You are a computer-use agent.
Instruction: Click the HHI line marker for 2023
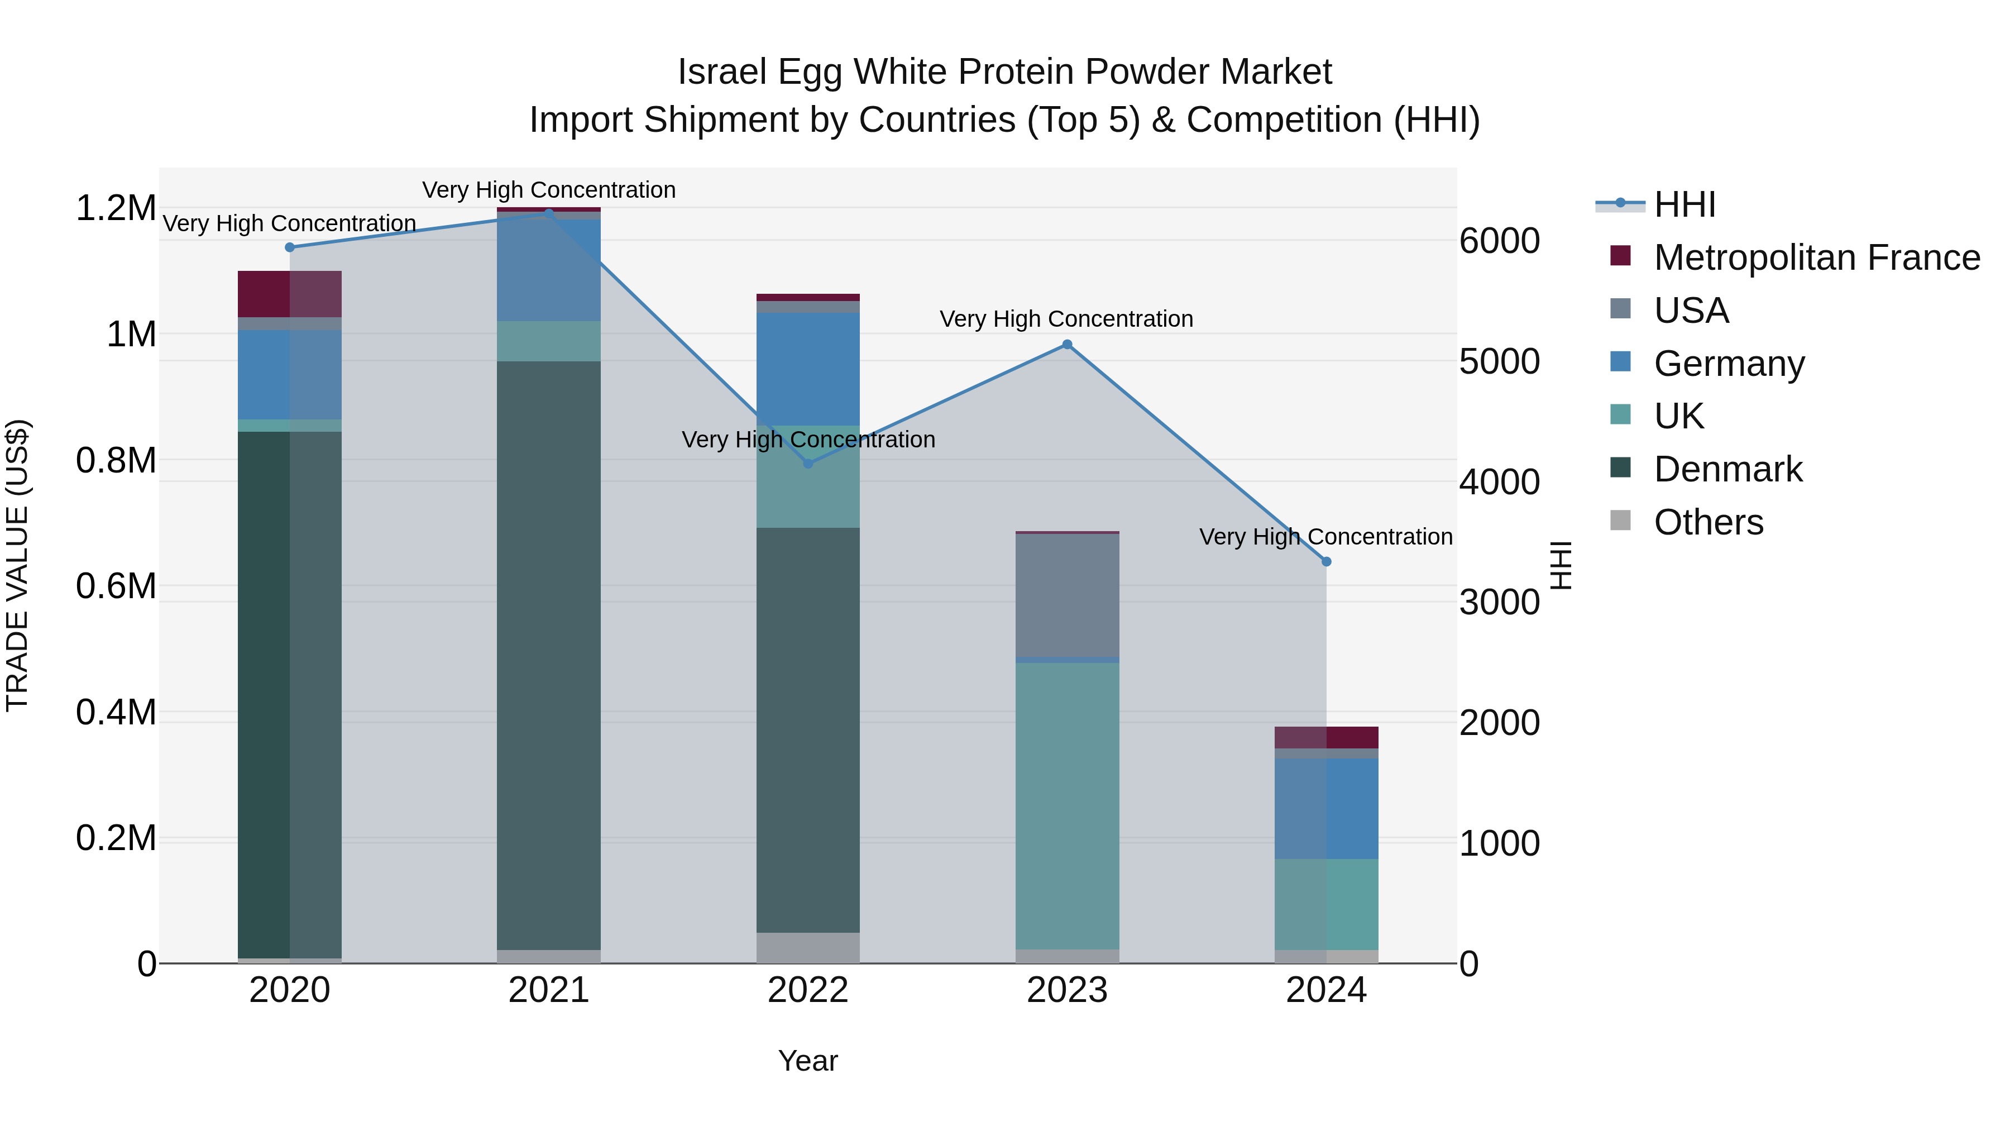[1066, 344]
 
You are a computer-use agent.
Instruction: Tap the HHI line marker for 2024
[1325, 561]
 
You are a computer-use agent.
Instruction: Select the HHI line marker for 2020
[289, 247]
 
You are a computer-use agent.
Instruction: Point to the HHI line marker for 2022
[807, 464]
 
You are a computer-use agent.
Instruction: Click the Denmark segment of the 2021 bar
[548, 656]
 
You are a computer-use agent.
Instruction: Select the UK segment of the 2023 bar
[1066, 804]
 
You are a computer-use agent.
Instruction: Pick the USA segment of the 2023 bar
[1066, 595]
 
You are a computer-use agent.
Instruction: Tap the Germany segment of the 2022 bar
[807, 369]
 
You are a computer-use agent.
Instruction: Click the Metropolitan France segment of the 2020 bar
[289, 293]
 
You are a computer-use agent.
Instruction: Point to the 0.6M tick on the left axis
[116, 586]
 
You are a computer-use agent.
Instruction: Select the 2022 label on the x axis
[807, 990]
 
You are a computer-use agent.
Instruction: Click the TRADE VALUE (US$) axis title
[18, 565]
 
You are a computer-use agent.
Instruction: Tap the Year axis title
[807, 1061]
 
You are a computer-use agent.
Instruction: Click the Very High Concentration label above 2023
[1066, 319]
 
